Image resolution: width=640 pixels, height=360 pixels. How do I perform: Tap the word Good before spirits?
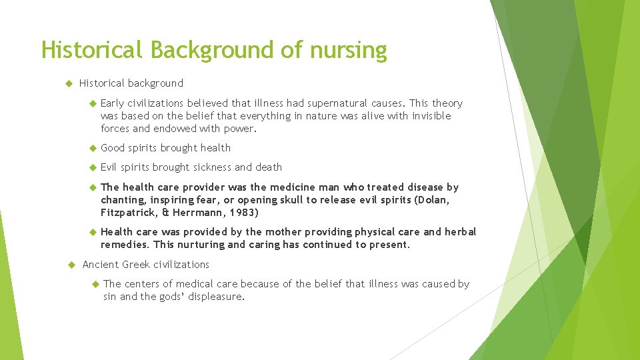coord(113,148)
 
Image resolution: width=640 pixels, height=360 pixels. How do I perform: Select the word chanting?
coord(123,200)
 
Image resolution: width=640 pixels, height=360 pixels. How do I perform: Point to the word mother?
coord(283,232)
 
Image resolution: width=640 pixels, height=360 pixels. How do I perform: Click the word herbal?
coord(461,232)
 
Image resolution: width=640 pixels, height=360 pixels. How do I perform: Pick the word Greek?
coord(136,265)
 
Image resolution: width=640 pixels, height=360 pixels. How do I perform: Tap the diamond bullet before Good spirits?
coord(93,148)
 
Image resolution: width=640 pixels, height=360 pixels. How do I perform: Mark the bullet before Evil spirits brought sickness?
coord(93,167)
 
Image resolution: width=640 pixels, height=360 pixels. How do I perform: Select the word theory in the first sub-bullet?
coord(447,103)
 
